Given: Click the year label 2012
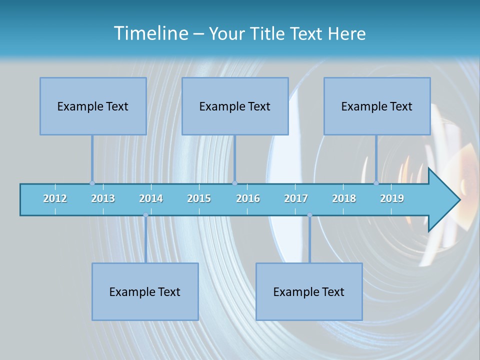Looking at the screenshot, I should coord(55,198).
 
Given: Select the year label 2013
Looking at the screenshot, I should coord(103,198).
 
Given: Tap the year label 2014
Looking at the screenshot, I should coord(151,198).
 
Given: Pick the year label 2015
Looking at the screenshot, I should coord(199,198).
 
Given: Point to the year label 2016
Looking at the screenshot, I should coord(248,198).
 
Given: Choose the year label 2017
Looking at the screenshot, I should coord(296,198).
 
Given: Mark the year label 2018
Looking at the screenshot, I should coord(344,198).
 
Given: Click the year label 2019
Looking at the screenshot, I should coord(392,198).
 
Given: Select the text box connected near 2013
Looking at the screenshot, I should coord(93,106).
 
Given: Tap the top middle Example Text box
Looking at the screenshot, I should coord(235,106).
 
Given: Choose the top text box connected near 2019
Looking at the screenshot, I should coord(377,106).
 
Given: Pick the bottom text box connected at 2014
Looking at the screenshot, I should coord(145,291).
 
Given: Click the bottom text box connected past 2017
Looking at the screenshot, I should coord(309,291).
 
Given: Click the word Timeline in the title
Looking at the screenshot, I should coord(150,33).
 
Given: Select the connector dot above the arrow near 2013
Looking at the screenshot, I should coord(92,183).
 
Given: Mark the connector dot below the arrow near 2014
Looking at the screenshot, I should coord(145,215).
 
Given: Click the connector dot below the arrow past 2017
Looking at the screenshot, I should coord(309,215).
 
